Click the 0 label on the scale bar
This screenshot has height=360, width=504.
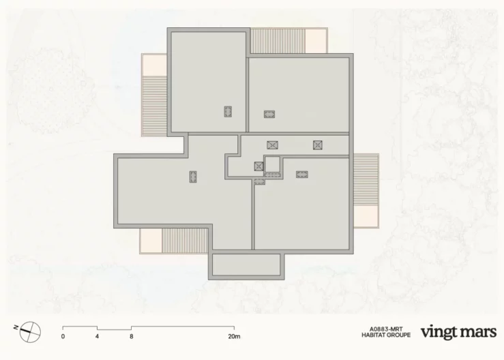(x=63, y=337)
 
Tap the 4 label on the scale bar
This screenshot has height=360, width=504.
(x=97, y=337)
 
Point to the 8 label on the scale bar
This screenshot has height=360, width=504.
(x=132, y=337)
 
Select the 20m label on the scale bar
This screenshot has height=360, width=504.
(x=235, y=337)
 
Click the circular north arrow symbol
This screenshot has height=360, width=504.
(x=29, y=332)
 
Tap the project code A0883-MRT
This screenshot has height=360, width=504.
(x=386, y=329)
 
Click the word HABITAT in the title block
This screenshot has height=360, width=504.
(x=372, y=335)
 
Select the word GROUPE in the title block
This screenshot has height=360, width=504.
(x=398, y=335)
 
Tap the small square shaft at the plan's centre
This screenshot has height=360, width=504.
(x=272, y=164)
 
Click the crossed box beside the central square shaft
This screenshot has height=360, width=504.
(x=258, y=166)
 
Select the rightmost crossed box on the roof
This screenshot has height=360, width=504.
(x=318, y=145)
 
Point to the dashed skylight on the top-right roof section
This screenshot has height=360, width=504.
(x=269, y=114)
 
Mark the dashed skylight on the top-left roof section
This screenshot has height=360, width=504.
(x=228, y=112)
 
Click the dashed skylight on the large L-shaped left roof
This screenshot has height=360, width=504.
(x=193, y=177)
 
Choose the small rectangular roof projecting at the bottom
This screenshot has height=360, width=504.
(x=246, y=265)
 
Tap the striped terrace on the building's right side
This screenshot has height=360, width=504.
(x=366, y=180)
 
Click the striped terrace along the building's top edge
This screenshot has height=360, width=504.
(x=278, y=41)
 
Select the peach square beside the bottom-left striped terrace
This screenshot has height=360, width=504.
(x=151, y=241)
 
